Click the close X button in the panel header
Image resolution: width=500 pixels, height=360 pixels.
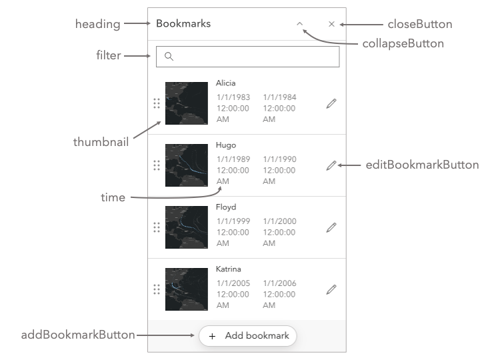click(x=331, y=24)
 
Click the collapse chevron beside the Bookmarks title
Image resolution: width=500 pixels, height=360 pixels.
click(x=300, y=23)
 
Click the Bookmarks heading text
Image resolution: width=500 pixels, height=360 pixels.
click(x=183, y=23)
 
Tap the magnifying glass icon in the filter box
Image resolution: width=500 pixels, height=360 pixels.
click(x=169, y=57)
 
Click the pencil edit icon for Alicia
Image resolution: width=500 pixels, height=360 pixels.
click(x=331, y=103)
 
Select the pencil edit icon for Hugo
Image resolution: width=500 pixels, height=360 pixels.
click(x=331, y=165)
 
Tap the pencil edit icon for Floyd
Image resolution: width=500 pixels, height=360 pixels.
click(x=331, y=227)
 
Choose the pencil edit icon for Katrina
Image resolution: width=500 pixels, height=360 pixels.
click(x=331, y=289)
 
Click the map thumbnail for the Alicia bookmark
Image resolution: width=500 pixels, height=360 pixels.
click(x=187, y=103)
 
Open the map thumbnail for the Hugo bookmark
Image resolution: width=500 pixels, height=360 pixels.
click(x=187, y=165)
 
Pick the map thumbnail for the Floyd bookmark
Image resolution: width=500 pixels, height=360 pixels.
click(x=187, y=227)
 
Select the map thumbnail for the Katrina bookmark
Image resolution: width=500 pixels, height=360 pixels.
click(x=187, y=289)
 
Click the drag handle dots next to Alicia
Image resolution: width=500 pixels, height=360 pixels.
click(x=157, y=103)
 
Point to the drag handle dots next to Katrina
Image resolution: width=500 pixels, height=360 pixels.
click(x=157, y=289)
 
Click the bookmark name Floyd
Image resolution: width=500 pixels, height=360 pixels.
click(x=226, y=207)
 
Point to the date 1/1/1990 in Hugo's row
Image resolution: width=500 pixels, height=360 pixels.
click(x=279, y=159)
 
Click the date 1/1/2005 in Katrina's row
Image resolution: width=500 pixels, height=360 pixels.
click(x=233, y=283)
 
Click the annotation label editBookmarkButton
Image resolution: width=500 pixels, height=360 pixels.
click(x=422, y=165)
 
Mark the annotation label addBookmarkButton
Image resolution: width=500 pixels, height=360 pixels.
click(x=78, y=335)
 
